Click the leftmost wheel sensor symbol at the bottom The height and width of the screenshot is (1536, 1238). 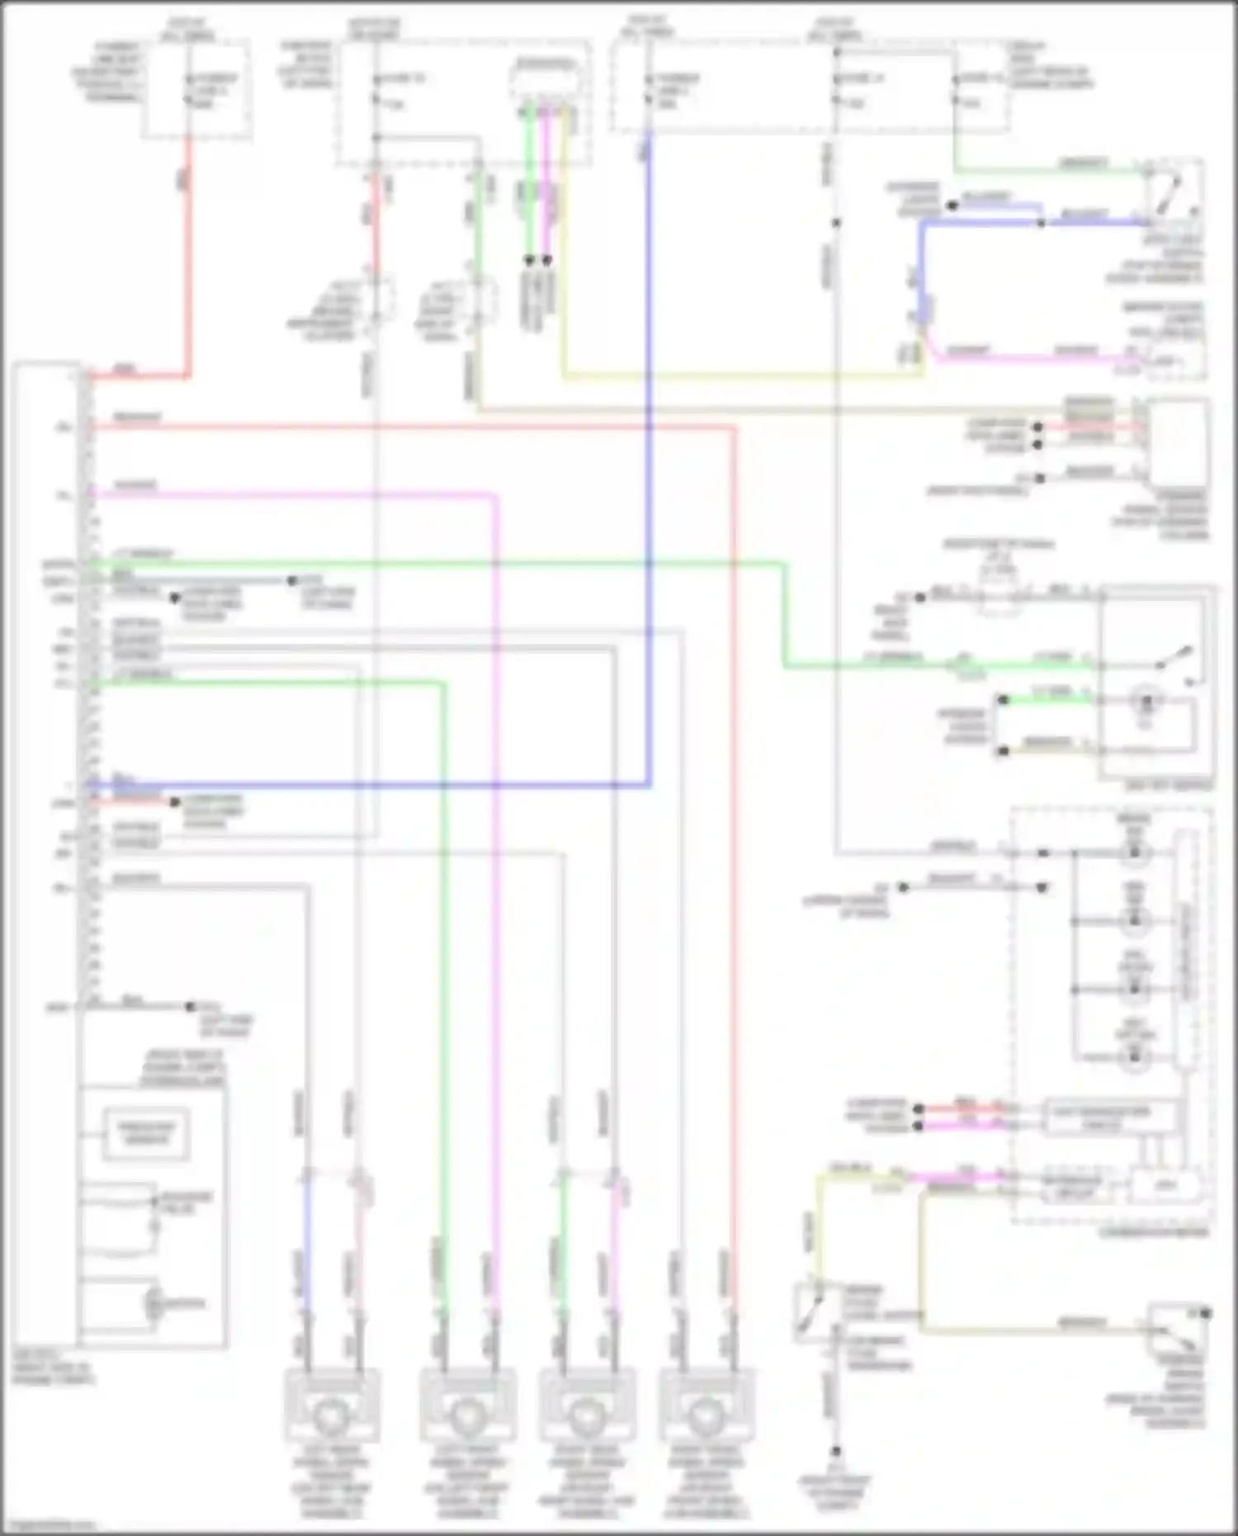[x=332, y=1414]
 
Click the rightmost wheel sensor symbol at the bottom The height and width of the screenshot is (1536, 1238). [x=707, y=1414]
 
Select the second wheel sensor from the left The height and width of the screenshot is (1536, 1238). [x=467, y=1414]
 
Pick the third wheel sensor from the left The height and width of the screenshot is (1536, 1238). [x=587, y=1414]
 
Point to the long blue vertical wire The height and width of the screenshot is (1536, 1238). [x=650, y=462]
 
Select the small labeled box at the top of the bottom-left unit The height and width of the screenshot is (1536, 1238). [x=145, y=1133]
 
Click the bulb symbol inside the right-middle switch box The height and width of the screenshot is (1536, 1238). [x=1145, y=702]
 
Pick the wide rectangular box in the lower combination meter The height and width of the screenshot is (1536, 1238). [x=1100, y=1113]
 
